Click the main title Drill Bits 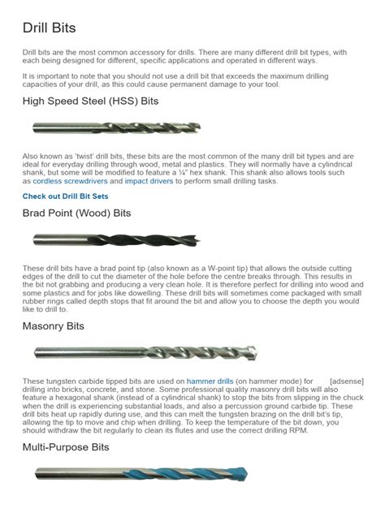49,28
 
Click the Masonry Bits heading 54,325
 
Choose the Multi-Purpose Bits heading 66,447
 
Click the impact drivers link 147,182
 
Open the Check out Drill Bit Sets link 65,196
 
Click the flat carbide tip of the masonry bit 254,353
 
